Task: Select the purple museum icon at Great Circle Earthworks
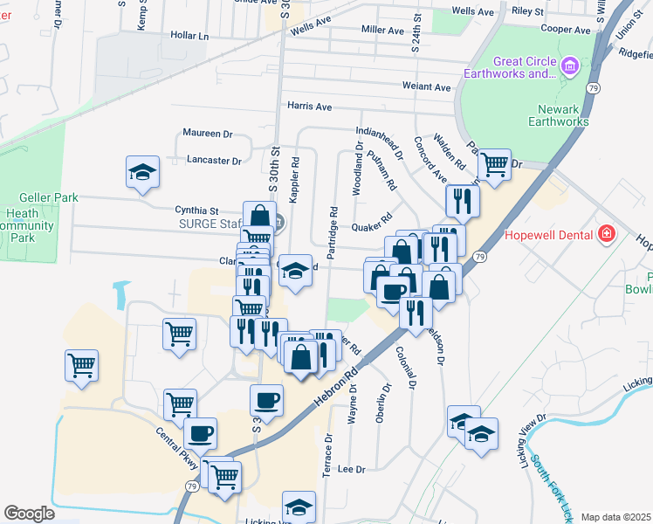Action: [570, 66]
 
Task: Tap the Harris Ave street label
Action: [310, 107]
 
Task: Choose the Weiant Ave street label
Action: [426, 86]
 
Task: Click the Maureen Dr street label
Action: [207, 134]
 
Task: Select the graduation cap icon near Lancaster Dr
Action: [143, 171]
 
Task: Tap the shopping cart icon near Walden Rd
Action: [494, 163]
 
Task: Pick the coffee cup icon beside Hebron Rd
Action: [266, 400]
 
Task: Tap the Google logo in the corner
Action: [29, 513]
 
